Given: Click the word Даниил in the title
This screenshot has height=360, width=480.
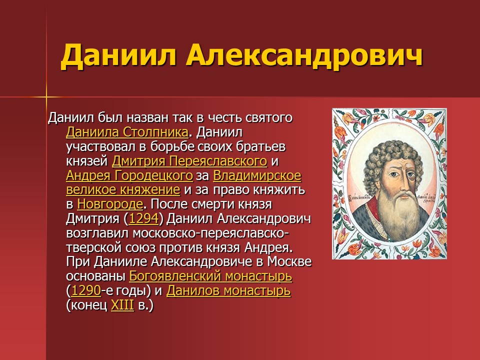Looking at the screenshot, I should (x=118, y=56).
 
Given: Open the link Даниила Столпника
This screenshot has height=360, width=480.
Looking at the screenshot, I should (x=127, y=132).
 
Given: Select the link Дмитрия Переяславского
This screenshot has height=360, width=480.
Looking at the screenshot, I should (x=189, y=161).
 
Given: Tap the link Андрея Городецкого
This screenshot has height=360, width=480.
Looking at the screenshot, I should (x=129, y=176).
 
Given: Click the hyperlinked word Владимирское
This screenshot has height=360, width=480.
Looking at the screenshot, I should (x=257, y=176).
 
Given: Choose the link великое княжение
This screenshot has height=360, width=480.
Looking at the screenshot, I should (x=122, y=190).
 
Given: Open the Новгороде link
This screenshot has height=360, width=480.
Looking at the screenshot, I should (x=110, y=204).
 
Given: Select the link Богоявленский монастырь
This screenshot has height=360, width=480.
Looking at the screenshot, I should (x=210, y=276).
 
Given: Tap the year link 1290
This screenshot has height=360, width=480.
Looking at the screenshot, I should (x=86, y=290).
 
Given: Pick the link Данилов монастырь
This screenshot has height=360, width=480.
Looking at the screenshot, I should (x=228, y=290).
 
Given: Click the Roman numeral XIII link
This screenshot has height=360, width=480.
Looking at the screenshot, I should (x=122, y=305).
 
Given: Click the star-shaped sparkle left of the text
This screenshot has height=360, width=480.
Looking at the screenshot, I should (x=46, y=96).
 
